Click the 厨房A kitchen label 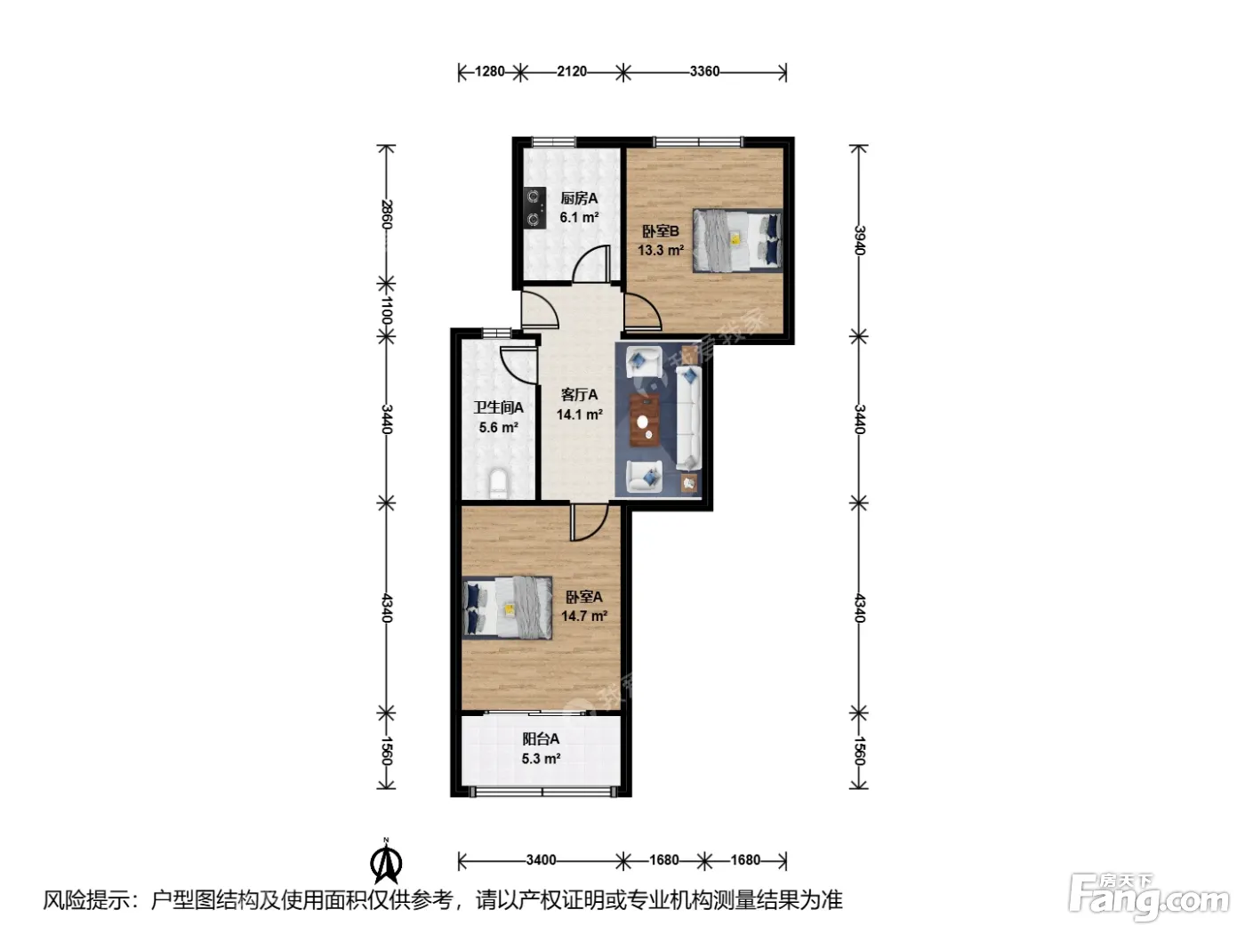(579, 198)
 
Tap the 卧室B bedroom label (660, 231)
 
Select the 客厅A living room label (579, 395)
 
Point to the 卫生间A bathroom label (499, 407)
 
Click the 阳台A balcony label (541, 739)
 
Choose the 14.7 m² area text (584, 616)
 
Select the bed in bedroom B (737, 240)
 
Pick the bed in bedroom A (507, 608)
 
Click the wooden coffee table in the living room (645, 420)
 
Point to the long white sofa (689, 418)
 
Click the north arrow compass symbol (386, 861)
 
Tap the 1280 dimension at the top (489, 71)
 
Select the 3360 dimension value (704, 71)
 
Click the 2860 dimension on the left (386, 213)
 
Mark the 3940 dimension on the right (859, 240)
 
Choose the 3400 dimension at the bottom (541, 860)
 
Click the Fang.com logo (1149, 897)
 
